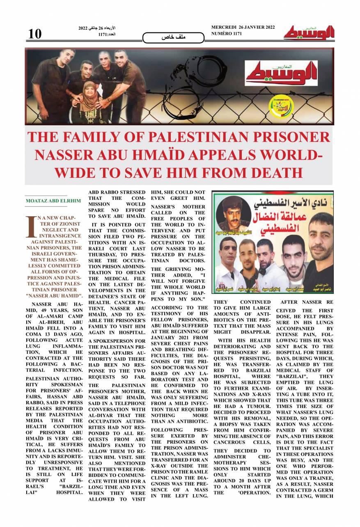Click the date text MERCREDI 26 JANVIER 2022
243,27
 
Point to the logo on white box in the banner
281,73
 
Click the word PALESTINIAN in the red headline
207,137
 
